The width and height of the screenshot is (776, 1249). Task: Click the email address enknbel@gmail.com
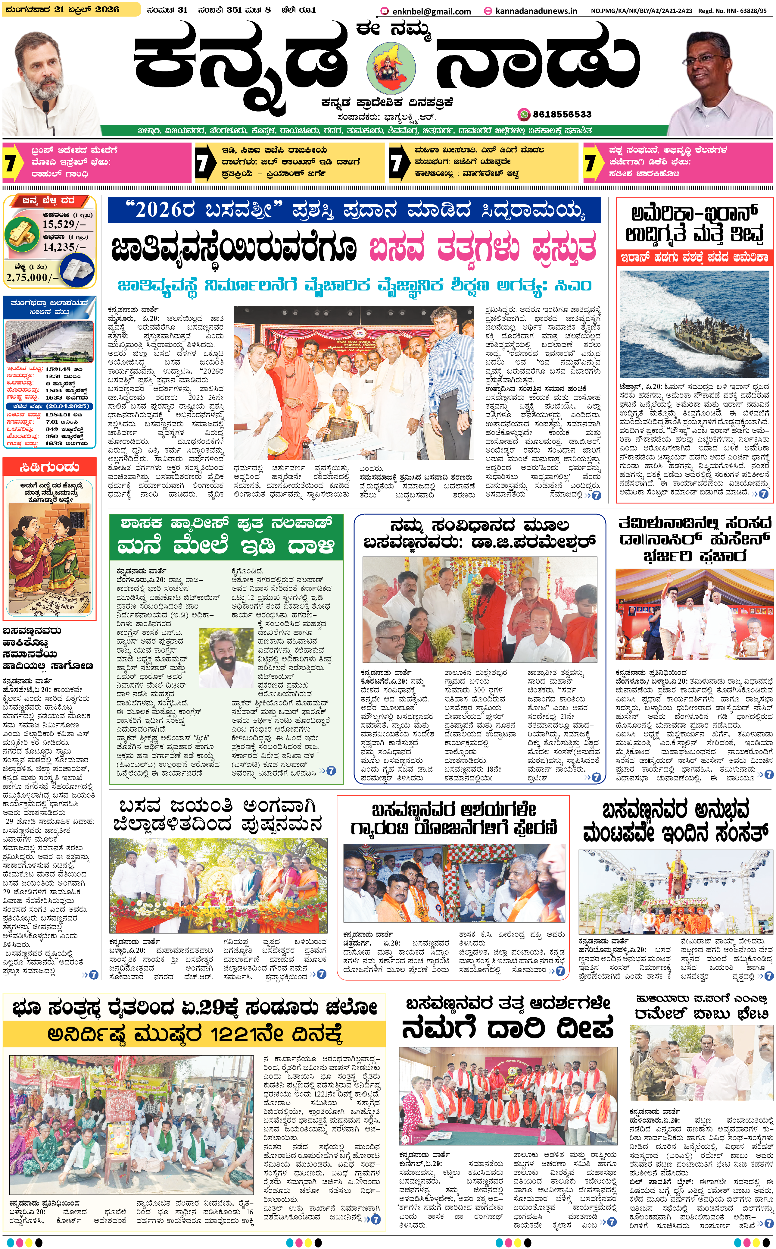pyautogui.click(x=431, y=11)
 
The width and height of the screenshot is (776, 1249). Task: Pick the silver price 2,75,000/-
pyautogui.click(x=32, y=277)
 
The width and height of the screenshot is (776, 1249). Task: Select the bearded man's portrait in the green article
pyautogui.click(x=226, y=658)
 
